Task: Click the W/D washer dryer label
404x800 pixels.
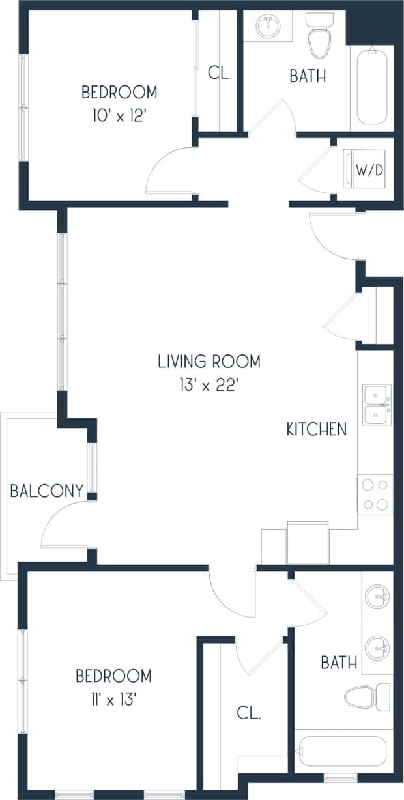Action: [369, 170]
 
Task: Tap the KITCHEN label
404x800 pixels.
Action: [317, 429]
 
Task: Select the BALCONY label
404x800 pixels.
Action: [47, 491]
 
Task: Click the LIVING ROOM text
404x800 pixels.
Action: [209, 361]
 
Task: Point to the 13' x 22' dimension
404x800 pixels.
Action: [209, 385]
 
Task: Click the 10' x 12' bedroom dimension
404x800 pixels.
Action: [119, 115]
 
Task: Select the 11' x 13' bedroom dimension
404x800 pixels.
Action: [113, 700]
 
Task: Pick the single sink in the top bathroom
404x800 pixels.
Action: [267, 27]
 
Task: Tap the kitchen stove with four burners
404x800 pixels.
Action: [375, 494]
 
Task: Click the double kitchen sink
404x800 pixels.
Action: [377, 405]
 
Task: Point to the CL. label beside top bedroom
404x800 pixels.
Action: [220, 73]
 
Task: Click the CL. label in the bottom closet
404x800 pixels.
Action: [248, 713]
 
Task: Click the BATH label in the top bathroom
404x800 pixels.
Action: [308, 76]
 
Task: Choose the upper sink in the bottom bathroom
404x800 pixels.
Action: [378, 597]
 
